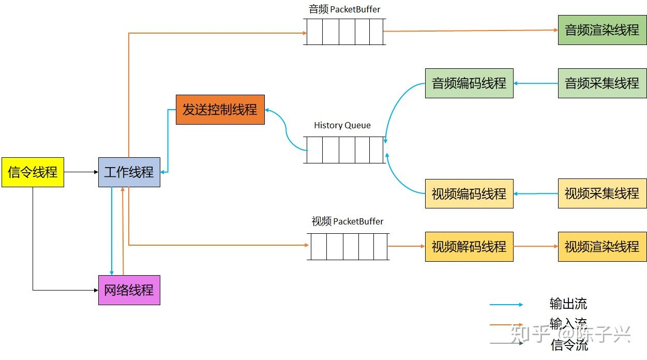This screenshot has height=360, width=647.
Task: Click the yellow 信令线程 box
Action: (x=33, y=172)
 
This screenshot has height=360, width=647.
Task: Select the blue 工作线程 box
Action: (x=129, y=172)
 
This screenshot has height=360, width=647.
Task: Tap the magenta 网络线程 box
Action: (x=129, y=290)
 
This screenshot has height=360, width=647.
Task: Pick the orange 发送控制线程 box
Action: (x=220, y=110)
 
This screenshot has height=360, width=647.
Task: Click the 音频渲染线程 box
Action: (x=602, y=30)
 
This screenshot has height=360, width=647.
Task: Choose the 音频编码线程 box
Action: (x=469, y=83)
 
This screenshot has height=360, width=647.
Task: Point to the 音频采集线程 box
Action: (x=602, y=83)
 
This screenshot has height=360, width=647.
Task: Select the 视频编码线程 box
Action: (x=469, y=194)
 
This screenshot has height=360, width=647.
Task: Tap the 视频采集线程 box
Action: (x=602, y=193)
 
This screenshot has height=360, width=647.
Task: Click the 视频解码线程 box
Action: (x=469, y=247)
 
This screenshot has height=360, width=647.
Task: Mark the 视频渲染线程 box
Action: (x=602, y=247)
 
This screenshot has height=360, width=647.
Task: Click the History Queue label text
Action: (x=342, y=125)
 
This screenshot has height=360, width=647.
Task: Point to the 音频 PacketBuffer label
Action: (x=344, y=9)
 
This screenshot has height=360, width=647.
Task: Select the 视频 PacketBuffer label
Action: (x=348, y=221)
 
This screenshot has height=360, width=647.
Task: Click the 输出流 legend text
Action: (x=568, y=304)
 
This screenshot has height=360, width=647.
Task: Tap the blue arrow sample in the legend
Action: (x=506, y=305)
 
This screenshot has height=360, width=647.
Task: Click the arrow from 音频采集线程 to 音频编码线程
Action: (x=536, y=83)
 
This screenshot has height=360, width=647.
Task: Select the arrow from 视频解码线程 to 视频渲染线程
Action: (x=536, y=247)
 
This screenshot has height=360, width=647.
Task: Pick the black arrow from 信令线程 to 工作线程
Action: (x=81, y=172)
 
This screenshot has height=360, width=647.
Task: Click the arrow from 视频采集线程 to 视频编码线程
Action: (x=536, y=194)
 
